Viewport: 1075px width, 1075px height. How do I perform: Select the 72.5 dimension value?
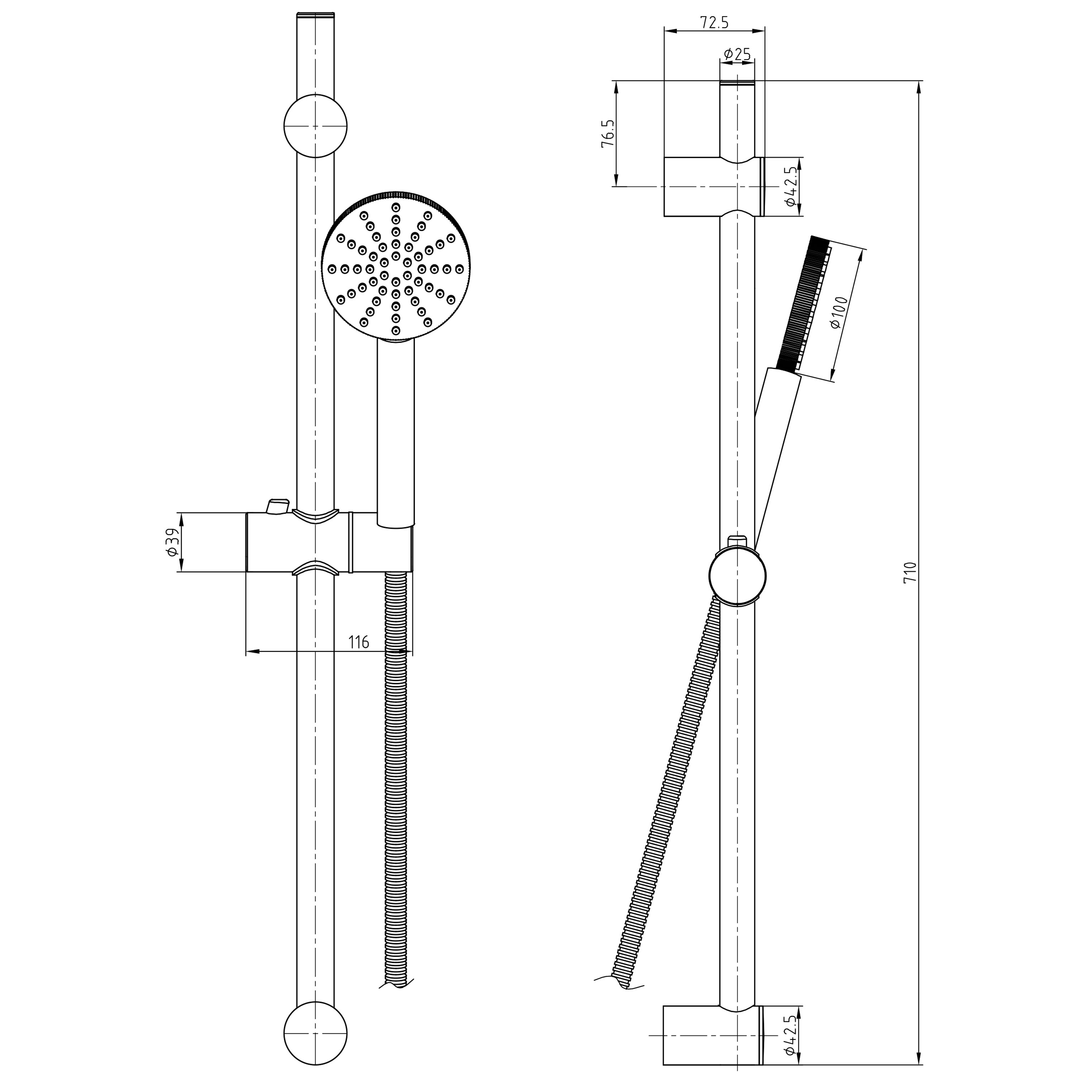pos(714,23)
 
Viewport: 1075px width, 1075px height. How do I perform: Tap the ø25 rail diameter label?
pos(737,54)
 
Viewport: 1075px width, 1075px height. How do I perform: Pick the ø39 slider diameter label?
pos(172,542)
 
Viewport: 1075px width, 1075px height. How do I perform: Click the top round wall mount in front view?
pos(315,126)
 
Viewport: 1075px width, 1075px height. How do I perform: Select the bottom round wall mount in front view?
pos(315,1033)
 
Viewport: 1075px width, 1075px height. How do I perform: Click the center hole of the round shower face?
pos(396,269)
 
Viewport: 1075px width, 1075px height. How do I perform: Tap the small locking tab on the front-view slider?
pos(278,506)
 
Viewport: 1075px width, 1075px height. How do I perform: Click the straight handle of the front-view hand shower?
pos(396,434)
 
